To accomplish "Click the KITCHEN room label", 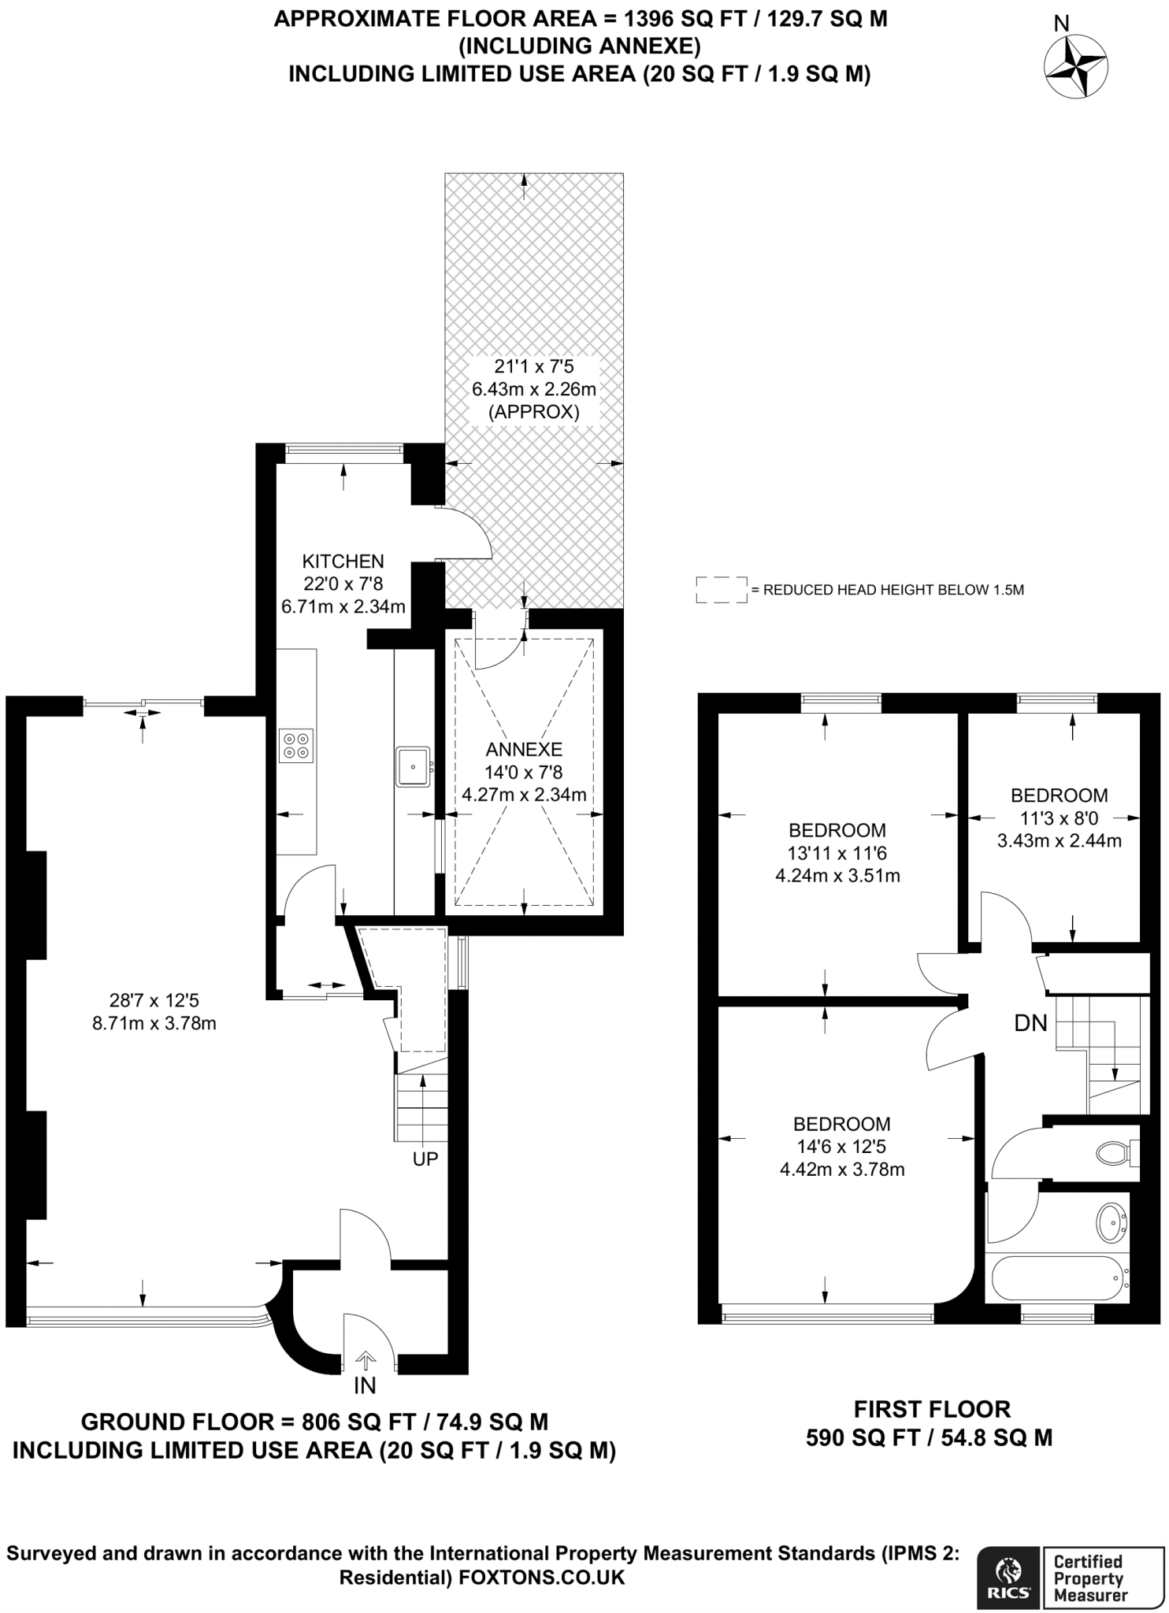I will click(343, 562).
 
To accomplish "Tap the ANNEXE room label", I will click(524, 749).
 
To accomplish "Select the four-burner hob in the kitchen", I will click(297, 746).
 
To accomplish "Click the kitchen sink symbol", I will click(413, 766).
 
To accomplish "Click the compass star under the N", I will click(1075, 67).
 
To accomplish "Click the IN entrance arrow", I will click(366, 1359).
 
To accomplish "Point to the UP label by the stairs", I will click(425, 1159).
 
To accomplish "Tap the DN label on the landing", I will click(1030, 1023).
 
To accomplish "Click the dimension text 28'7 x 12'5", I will click(154, 1001).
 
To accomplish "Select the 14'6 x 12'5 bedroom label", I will click(841, 1147).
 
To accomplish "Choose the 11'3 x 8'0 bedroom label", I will click(1059, 818).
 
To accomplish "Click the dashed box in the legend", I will click(721, 590).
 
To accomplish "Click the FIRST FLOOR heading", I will click(932, 1409).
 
